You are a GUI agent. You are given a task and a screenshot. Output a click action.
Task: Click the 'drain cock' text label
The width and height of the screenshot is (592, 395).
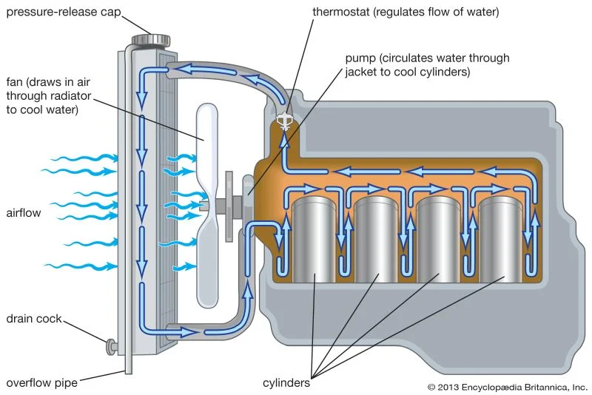pyautogui.click(x=33, y=319)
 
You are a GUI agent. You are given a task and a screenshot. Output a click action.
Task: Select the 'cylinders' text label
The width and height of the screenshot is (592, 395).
pyautogui.click(x=287, y=382)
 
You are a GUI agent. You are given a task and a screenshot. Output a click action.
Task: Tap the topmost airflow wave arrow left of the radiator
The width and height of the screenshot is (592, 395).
pyautogui.click(x=81, y=158)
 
